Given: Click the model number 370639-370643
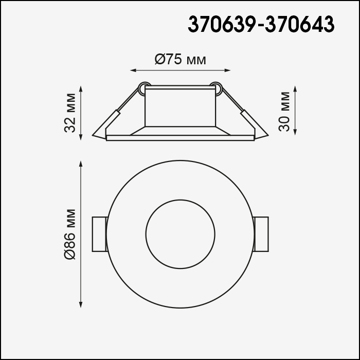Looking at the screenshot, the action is (261, 24).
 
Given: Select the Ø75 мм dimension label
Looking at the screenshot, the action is (180, 59).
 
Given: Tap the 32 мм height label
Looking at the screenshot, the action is (70, 113).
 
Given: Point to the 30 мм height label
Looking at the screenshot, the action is (284, 112).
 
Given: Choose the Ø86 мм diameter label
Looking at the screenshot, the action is (70, 234).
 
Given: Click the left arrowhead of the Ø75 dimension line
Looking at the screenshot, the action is (133, 70).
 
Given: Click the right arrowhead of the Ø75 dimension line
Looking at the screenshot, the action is (227, 70).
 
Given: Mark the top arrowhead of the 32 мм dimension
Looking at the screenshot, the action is (81, 89).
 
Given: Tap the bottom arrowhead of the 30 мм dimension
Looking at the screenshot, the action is (295, 132).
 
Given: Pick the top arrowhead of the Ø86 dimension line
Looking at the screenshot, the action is (81, 164).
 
